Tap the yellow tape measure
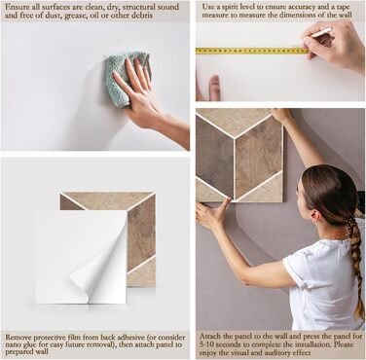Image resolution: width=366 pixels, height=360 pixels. (x=252, y=51)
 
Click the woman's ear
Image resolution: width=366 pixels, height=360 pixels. (x=313, y=215)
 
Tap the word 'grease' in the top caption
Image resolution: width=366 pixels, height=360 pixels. (x=76, y=16)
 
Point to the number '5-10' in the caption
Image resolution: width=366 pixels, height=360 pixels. (x=206, y=344)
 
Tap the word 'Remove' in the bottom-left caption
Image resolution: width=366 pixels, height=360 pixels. (x=18, y=337)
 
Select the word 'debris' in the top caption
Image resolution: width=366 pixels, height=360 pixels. (x=141, y=16)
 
